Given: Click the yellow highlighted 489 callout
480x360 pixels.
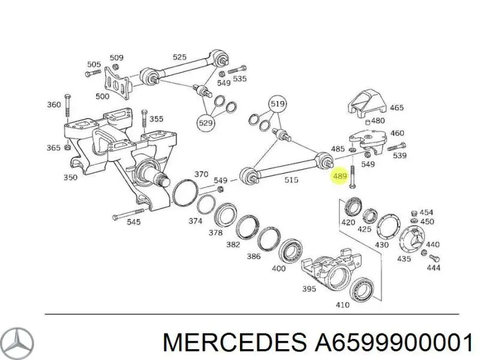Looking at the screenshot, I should coord(340,177).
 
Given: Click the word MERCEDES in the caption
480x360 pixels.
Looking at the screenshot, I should coord(234,343).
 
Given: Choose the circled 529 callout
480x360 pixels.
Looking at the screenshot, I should coord(206,123).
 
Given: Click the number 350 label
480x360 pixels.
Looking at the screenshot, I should coord(71,178).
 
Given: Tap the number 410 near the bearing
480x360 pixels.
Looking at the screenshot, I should coord(342,305).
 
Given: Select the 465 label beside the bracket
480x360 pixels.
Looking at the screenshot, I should coord(397,109).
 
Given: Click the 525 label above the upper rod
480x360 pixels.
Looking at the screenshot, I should coord(179,58).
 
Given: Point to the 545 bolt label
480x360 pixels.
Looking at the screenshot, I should coord(133,222).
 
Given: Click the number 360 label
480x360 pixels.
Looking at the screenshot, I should coord(54,105).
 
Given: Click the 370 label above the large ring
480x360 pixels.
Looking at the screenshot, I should coord(201,174).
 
